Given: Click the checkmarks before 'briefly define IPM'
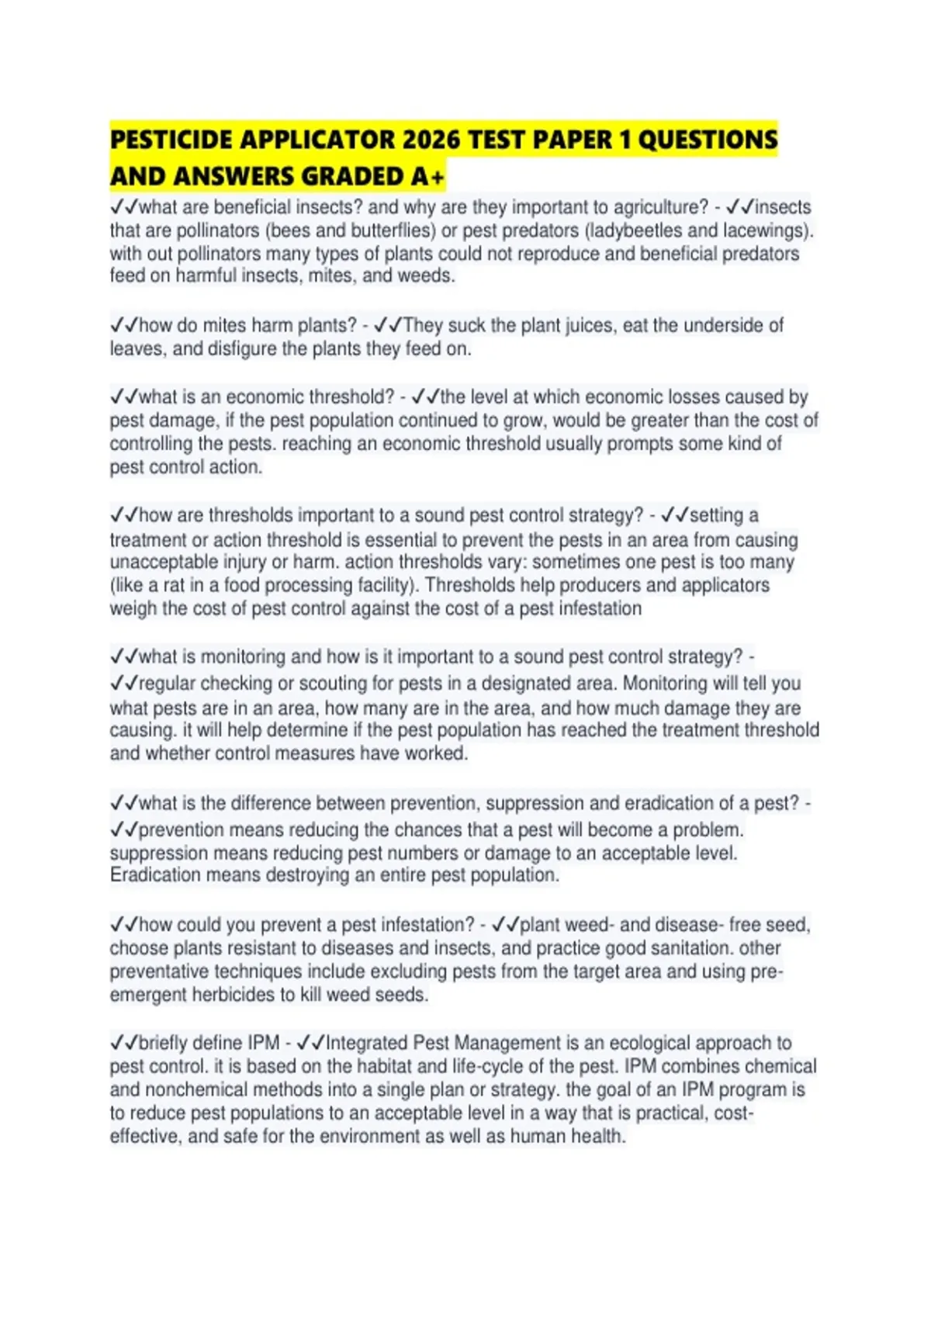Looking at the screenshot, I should coord(123,1043).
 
